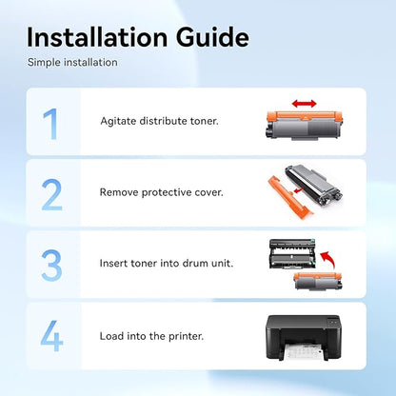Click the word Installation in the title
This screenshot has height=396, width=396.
pyautogui.click(x=97, y=37)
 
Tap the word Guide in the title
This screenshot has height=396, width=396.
pyautogui.click(x=212, y=37)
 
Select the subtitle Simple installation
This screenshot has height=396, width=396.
pyautogui.click(x=72, y=62)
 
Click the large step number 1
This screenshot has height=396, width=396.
pyautogui.click(x=50, y=124)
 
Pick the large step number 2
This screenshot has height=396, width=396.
pyautogui.click(x=51, y=195)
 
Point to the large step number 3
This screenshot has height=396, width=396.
pyautogui.click(x=51, y=266)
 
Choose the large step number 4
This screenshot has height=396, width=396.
pyautogui.click(x=51, y=336)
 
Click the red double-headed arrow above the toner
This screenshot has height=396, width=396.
pyautogui.click(x=305, y=104)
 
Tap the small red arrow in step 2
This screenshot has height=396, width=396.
pyautogui.click(x=298, y=190)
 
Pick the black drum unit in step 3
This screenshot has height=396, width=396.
pyautogui.click(x=293, y=254)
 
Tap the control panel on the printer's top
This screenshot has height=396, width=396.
pyautogui.click(x=333, y=323)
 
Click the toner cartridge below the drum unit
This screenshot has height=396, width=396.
pyautogui.click(x=318, y=281)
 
